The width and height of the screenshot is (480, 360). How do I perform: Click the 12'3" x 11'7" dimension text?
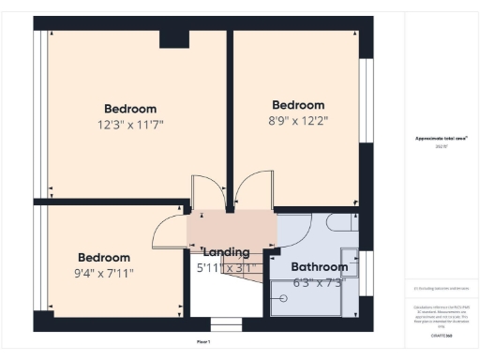pyautogui.click(x=130, y=124)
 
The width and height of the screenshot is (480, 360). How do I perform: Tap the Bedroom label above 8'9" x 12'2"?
pyautogui.click(x=298, y=105)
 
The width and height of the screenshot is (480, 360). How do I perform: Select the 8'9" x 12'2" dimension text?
pyautogui.click(x=298, y=120)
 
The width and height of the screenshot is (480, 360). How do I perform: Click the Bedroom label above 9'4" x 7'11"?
pyautogui.click(x=104, y=258)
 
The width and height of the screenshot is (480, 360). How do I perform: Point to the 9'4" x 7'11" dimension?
pyautogui.click(x=104, y=274)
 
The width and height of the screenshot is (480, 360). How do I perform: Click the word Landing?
pyautogui.click(x=226, y=251)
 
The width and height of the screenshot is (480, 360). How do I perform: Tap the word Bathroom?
pyautogui.click(x=320, y=267)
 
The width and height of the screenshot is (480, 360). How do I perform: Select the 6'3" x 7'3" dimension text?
pyautogui.click(x=320, y=282)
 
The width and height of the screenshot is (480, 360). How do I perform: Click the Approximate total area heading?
pyautogui.click(x=442, y=139)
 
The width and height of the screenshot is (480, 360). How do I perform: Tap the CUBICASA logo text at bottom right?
pyautogui.click(x=442, y=334)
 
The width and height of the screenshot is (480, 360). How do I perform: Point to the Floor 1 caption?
pyautogui.click(x=202, y=343)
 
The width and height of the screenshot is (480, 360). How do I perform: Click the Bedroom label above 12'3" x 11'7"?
pyautogui.click(x=130, y=109)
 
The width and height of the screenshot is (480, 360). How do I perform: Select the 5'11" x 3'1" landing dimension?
pyautogui.click(x=225, y=268)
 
